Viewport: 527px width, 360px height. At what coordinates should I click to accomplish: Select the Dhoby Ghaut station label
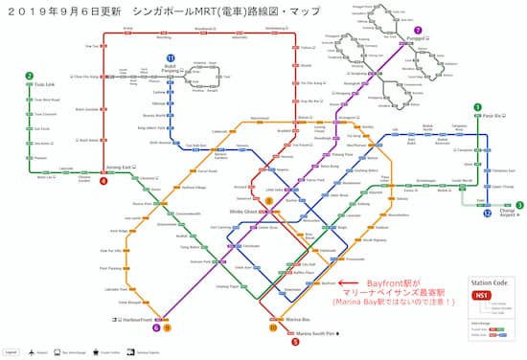tap(243, 209)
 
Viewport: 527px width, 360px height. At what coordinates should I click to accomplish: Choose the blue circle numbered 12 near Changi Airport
tap(488, 213)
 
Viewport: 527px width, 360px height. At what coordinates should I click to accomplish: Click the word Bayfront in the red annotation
tap(379, 283)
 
